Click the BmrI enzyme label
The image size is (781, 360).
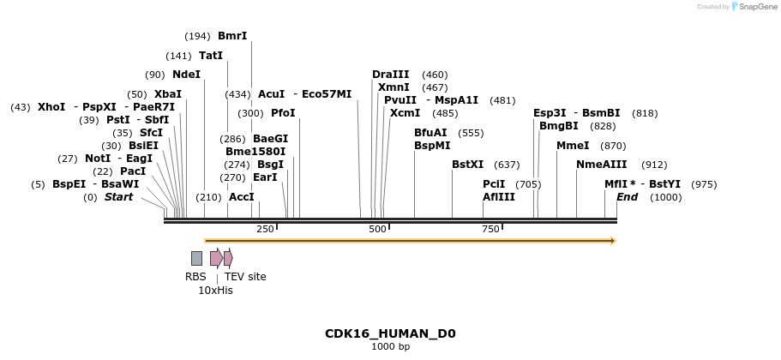click(232, 36)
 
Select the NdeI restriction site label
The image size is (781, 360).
click(186, 75)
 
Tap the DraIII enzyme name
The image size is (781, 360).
click(391, 75)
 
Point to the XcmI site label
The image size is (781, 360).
click(405, 113)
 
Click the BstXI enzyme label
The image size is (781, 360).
click(467, 165)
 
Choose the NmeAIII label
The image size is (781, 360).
click(601, 165)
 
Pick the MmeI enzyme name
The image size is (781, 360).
click(573, 146)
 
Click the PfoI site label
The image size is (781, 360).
click(283, 113)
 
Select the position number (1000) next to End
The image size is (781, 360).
click(666, 198)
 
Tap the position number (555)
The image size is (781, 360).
click(472, 133)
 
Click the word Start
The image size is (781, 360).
click(119, 198)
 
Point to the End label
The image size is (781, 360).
click(627, 198)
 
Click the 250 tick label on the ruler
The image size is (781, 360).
click(265, 229)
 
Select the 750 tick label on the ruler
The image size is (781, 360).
click(490, 229)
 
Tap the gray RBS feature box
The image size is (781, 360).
click(196, 258)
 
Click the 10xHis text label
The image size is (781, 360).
click(215, 291)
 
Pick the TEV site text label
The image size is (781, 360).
click(245, 277)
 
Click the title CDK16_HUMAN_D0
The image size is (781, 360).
click(390, 333)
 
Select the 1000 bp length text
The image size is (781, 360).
click(390, 347)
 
